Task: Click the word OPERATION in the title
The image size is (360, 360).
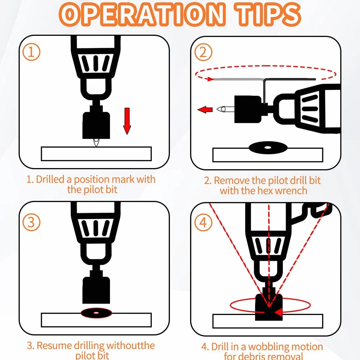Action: pos(141,14)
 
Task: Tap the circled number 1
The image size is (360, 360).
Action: pos(32,52)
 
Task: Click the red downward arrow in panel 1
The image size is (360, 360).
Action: pos(127,121)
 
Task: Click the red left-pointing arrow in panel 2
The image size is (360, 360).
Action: pos(205,110)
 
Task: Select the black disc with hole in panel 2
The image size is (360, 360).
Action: pos(268,148)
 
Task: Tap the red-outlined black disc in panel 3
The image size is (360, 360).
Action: pos(96,313)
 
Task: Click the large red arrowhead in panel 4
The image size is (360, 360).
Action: pos(278,312)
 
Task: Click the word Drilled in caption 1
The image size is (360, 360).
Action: pos(50,179)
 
